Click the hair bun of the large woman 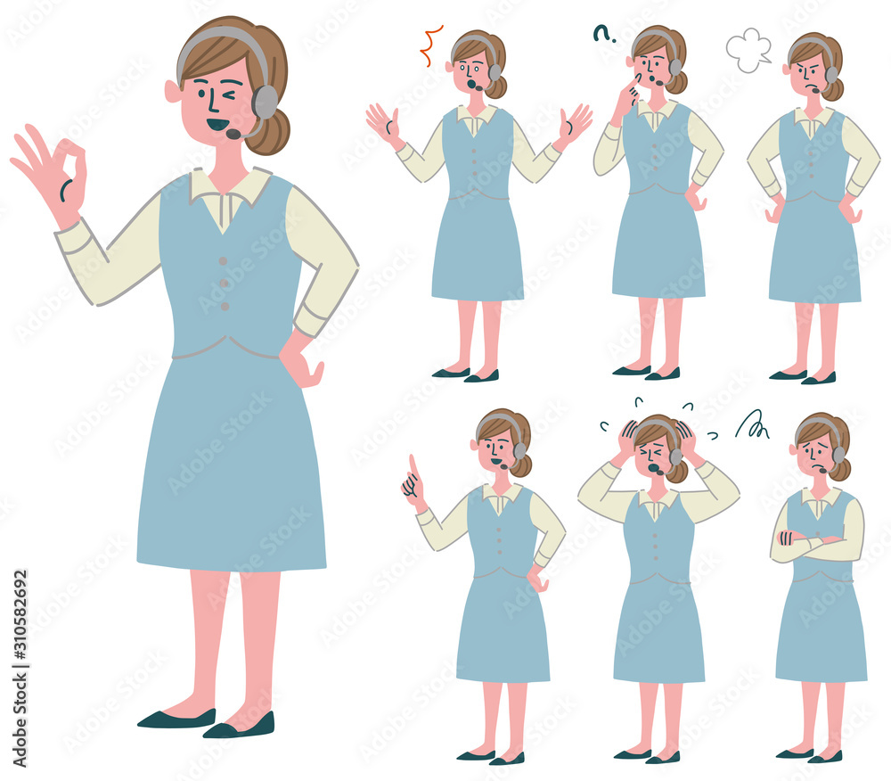(269, 132)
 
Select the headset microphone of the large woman (233, 134)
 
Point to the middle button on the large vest (224, 284)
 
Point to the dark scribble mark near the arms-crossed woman (752, 425)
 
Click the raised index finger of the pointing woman (413, 466)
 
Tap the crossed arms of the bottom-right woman (816, 544)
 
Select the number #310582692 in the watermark (20, 613)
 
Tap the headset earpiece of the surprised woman (495, 72)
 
